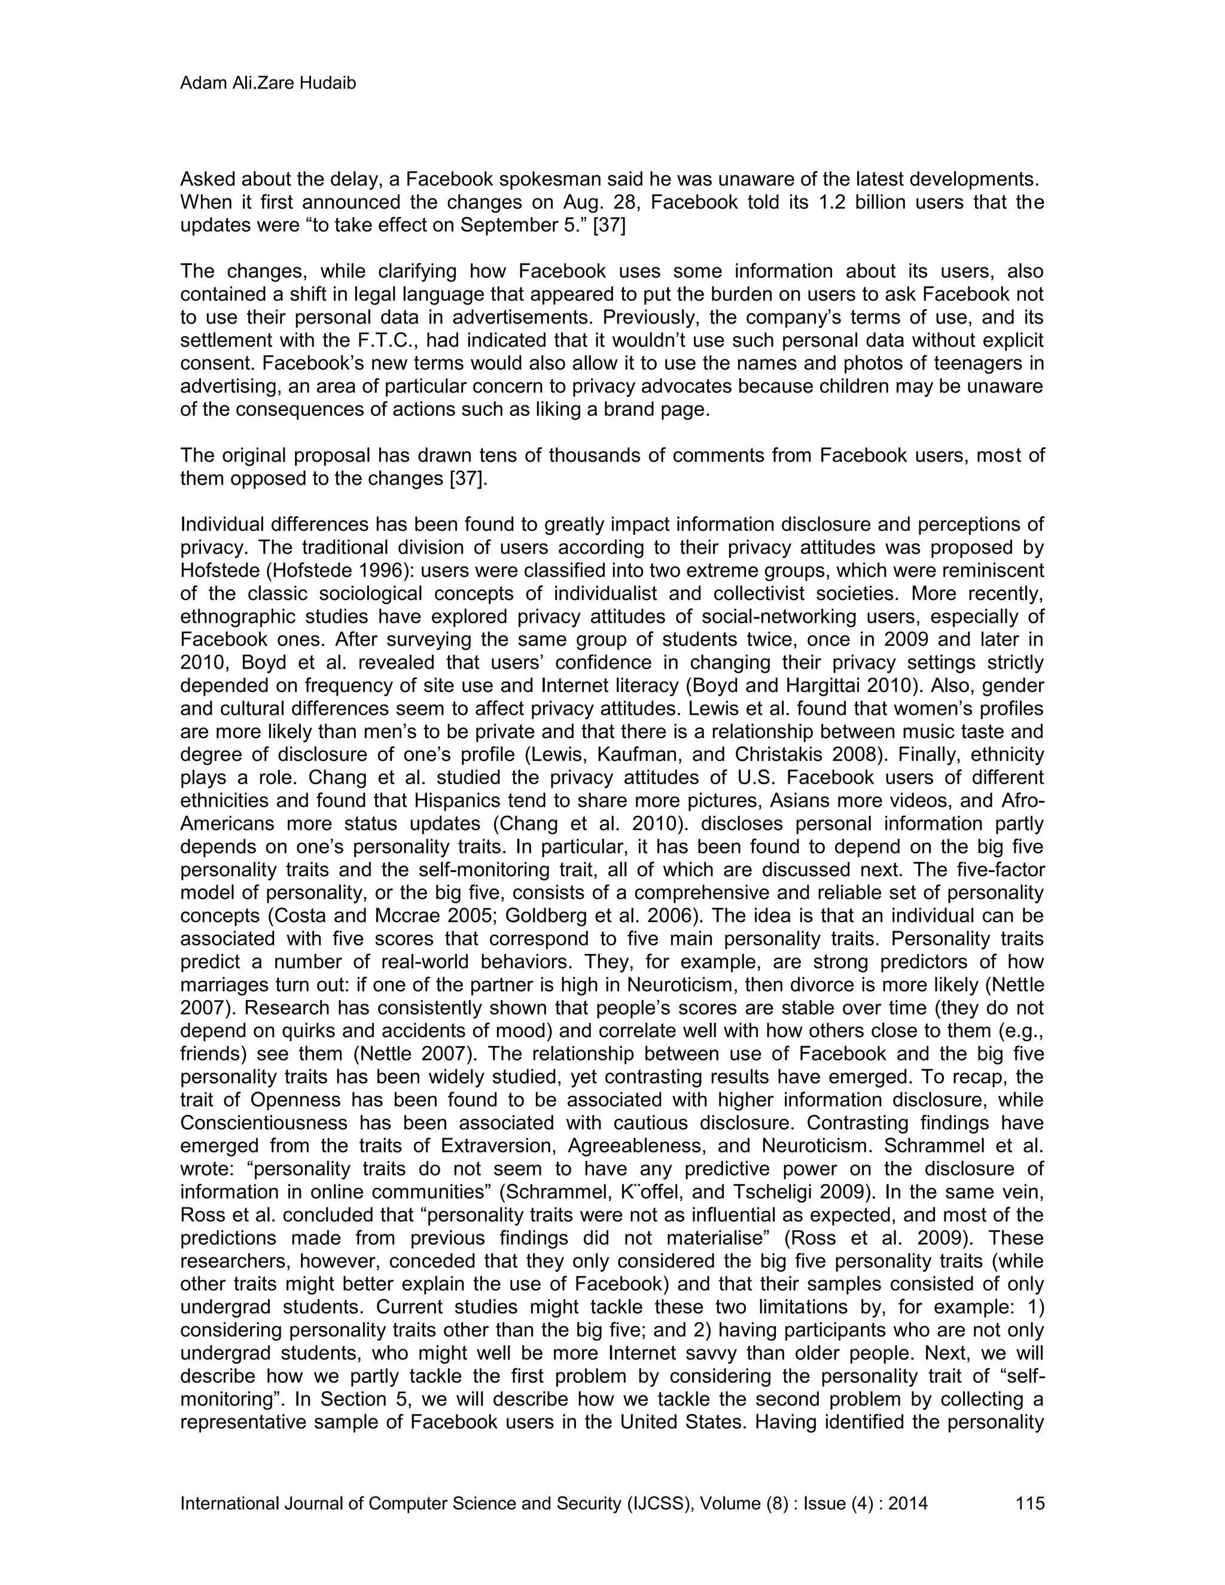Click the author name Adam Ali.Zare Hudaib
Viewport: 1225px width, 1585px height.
pyautogui.click(x=268, y=84)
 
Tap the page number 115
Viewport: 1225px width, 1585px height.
pyautogui.click(x=1030, y=1503)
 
